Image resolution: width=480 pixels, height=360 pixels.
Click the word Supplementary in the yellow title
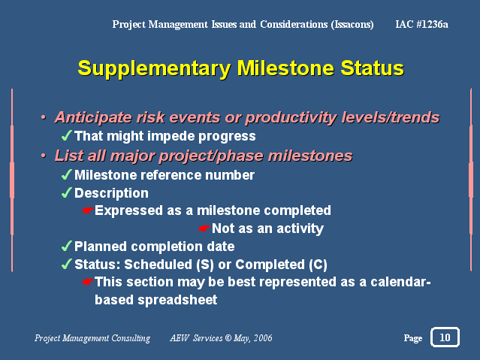click(154, 69)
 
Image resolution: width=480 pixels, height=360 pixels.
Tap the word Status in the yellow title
click(373, 68)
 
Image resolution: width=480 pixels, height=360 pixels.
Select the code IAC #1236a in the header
click(422, 24)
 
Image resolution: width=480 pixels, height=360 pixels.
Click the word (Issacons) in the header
click(352, 25)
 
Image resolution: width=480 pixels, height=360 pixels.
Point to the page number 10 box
click(445, 337)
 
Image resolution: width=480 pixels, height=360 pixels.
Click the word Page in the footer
click(413, 338)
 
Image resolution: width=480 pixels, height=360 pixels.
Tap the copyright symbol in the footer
click(228, 338)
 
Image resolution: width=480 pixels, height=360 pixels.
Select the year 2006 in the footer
click(263, 338)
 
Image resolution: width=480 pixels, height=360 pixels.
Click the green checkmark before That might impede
click(66, 135)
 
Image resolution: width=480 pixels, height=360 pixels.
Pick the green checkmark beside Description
click(66, 192)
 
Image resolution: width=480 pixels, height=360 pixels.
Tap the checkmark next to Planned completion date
click(66, 246)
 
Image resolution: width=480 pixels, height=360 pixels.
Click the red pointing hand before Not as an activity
click(204, 228)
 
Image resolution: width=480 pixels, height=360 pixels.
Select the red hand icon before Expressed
click(88, 210)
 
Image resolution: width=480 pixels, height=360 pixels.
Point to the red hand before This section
click(88, 282)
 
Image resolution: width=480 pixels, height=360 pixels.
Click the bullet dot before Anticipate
click(44, 117)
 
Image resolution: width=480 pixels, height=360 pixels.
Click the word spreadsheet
click(177, 300)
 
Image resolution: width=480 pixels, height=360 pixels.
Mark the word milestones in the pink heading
click(310, 156)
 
